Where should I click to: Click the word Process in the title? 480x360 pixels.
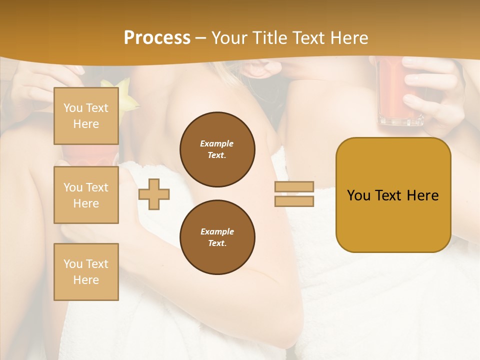click(157, 38)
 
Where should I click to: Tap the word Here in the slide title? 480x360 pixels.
click(347, 38)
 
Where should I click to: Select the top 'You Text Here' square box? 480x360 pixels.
click(86, 116)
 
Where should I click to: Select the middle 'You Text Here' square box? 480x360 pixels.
click(86, 195)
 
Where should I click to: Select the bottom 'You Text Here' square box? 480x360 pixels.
click(86, 271)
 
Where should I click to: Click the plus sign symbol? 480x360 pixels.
click(154, 194)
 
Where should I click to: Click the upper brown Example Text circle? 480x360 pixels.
click(217, 149)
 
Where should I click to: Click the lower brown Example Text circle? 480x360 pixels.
click(217, 237)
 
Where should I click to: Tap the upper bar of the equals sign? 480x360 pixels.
click(294, 187)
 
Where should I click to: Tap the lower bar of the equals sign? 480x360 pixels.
click(294, 201)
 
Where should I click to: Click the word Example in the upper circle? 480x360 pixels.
click(217, 143)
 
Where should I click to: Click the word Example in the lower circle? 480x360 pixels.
click(217, 231)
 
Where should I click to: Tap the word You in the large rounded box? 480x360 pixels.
click(359, 195)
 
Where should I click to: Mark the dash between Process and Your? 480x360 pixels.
click(201, 38)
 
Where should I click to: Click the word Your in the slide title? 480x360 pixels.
click(229, 38)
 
